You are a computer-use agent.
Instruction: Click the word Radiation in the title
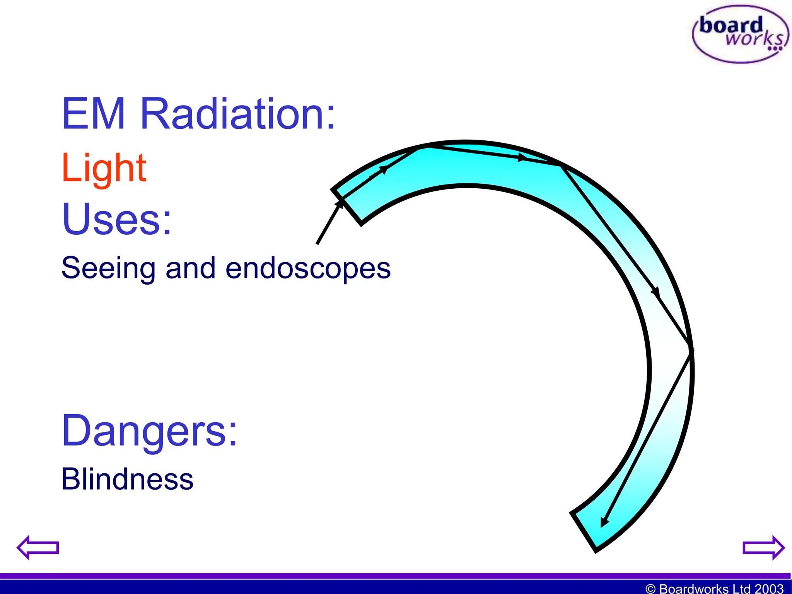coord(237,114)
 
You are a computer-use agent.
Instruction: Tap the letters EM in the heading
coord(93,114)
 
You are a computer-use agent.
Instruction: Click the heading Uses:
coord(116,219)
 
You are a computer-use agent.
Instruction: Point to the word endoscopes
coord(308,268)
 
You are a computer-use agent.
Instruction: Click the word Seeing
coord(108,268)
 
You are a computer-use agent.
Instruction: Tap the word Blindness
coord(127,479)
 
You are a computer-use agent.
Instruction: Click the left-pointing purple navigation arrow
coord(38,547)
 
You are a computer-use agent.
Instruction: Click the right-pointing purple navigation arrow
coord(763,547)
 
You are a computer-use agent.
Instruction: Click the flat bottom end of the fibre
coord(584,531)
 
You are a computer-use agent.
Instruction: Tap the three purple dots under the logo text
coord(775,49)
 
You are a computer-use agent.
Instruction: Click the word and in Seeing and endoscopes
coord(190,268)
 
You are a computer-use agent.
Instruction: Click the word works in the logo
coord(754,39)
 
